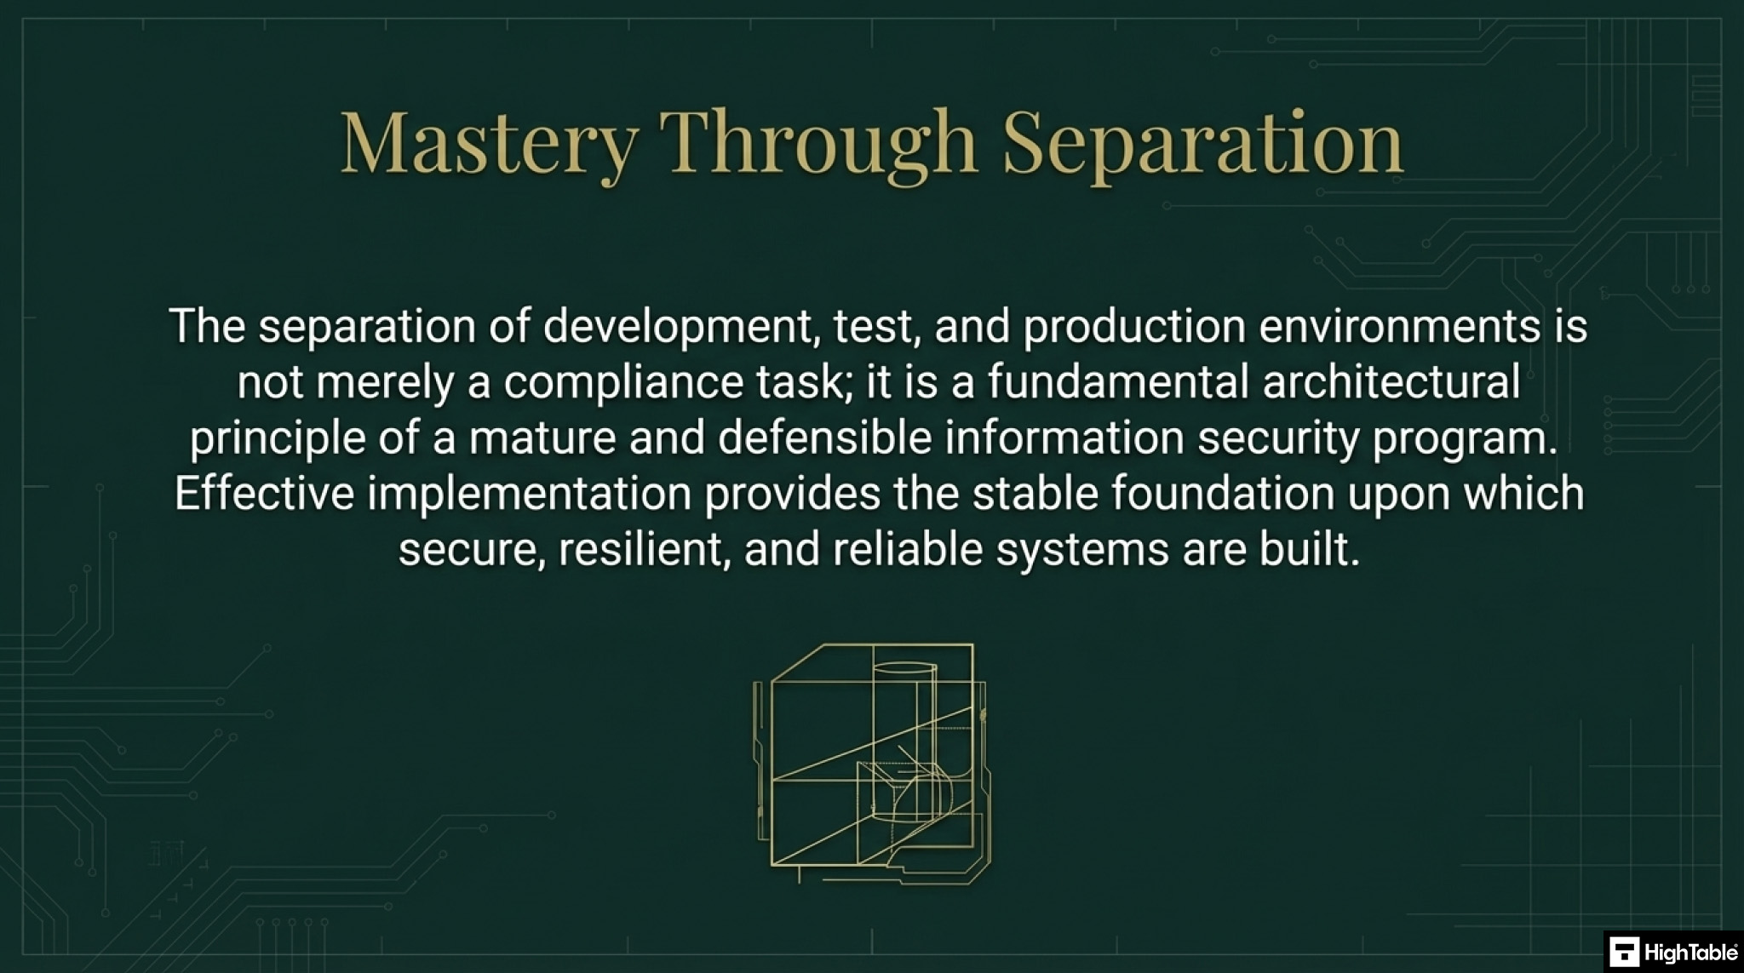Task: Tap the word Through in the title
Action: [818, 142]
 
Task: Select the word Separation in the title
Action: [1202, 142]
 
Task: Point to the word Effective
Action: [264, 494]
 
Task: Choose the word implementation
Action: [529, 494]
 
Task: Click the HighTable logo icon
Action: [1624, 952]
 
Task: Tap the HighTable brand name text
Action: [1690, 952]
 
